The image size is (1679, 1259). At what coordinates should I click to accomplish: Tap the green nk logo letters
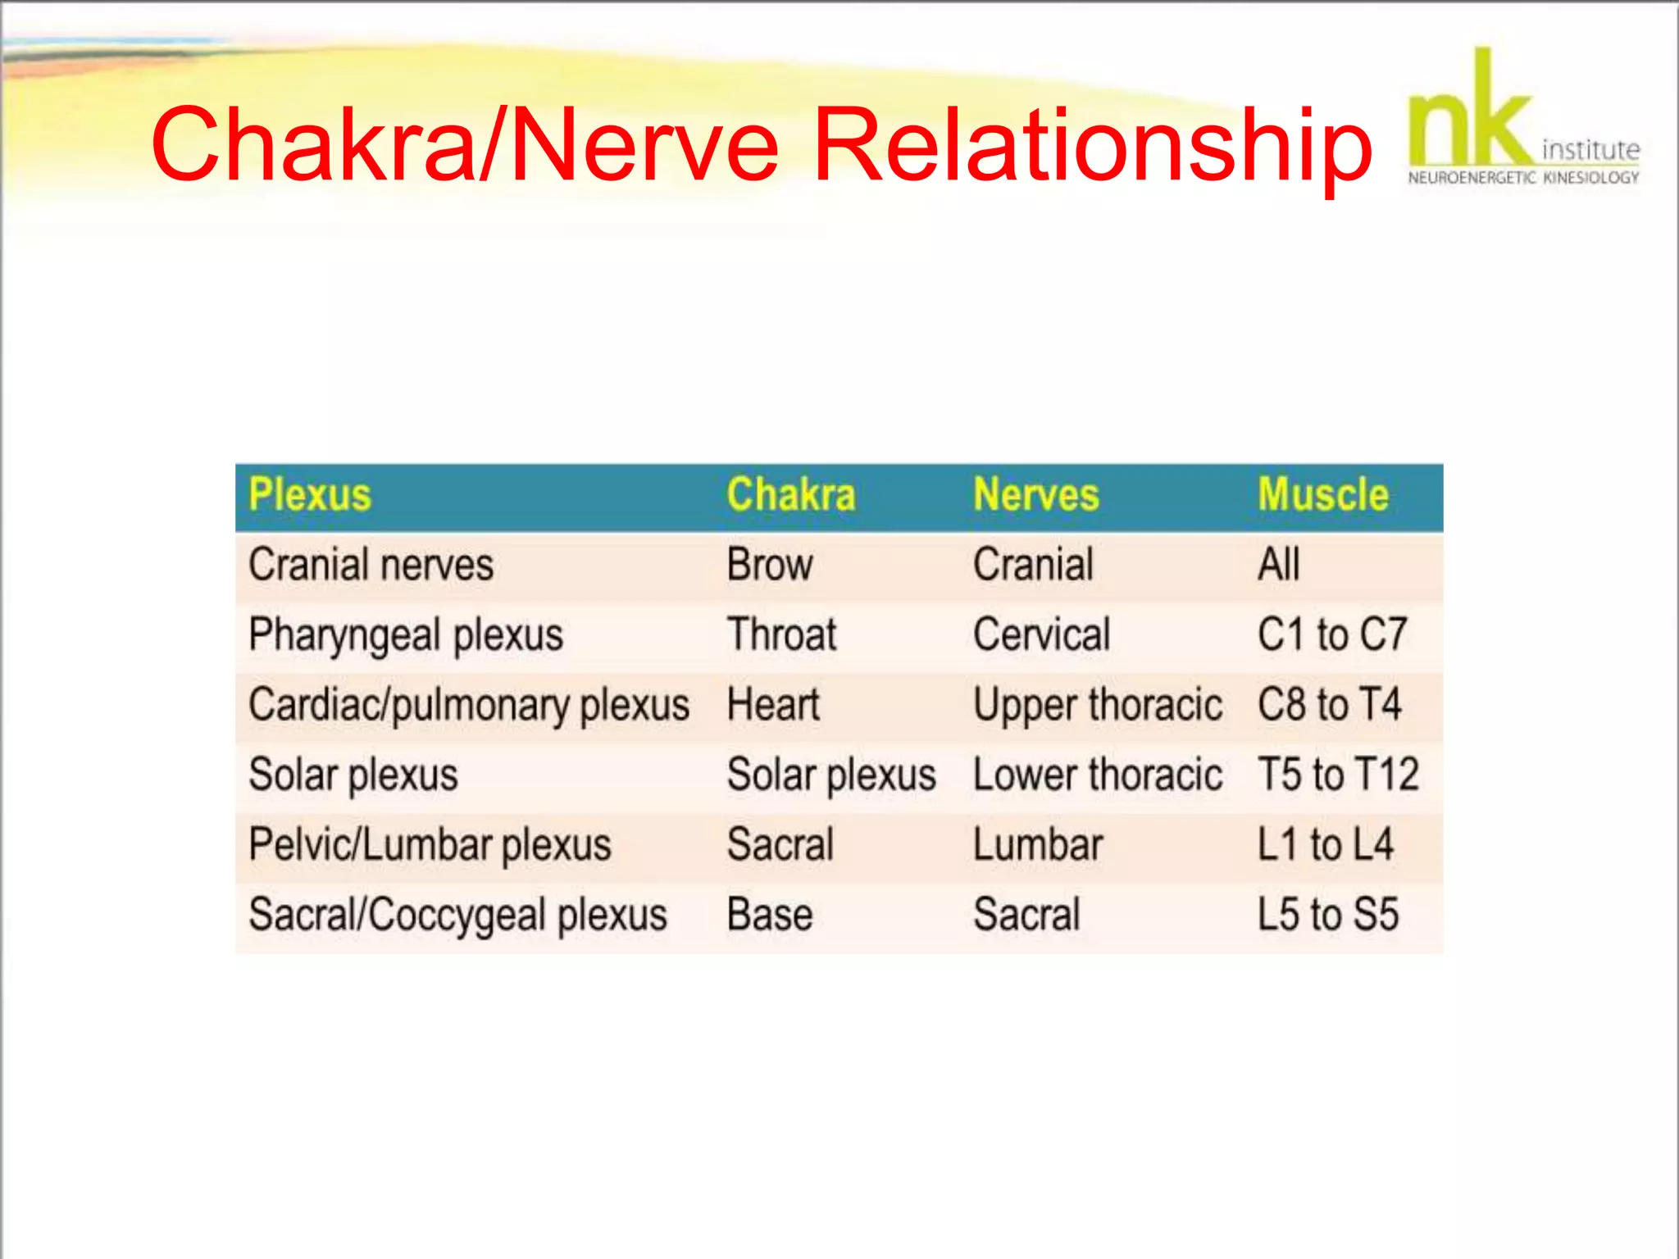point(1469,115)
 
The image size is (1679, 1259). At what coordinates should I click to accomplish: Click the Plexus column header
point(310,495)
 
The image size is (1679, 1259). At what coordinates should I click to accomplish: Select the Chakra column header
point(790,495)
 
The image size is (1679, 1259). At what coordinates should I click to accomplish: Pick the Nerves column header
point(1035,495)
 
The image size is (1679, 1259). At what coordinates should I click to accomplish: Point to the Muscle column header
point(1322,495)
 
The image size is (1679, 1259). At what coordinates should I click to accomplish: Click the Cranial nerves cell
point(371,566)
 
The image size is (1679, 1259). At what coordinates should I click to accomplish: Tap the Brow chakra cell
point(769,566)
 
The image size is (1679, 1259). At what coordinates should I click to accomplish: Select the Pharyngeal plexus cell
point(406,636)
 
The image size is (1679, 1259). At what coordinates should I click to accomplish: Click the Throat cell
point(781,635)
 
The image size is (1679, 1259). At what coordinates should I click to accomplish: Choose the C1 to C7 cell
point(1331,635)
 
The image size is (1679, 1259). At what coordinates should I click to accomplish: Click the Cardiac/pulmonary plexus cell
point(468,706)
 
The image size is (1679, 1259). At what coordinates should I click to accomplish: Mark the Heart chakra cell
point(772,705)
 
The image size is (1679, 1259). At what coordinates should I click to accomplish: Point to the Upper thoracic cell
point(1097,706)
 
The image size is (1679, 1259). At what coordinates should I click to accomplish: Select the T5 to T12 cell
point(1338,775)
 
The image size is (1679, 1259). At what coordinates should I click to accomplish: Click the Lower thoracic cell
point(1097,775)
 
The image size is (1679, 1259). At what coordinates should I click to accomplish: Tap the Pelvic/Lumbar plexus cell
point(430,845)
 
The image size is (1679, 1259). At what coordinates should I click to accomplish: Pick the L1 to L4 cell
point(1325,845)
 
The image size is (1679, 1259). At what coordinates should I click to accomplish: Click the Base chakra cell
point(769,915)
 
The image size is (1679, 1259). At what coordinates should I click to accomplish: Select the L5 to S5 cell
point(1327,915)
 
